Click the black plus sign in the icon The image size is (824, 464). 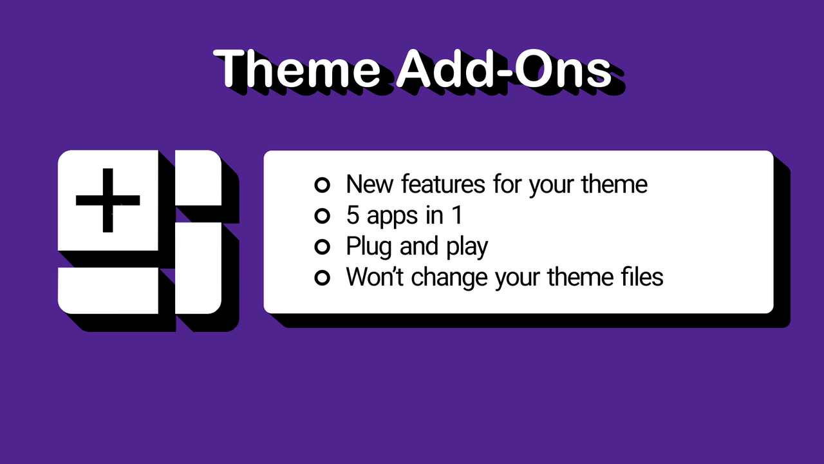tap(108, 200)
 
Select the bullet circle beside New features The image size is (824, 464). tap(322, 185)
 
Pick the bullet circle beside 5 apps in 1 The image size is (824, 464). tap(322, 216)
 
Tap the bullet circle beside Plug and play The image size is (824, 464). tap(322, 247)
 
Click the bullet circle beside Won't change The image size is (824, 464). tap(322, 278)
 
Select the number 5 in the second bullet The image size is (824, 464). tap(352, 216)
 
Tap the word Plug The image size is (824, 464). tap(369, 247)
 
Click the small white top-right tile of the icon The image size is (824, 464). tap(199, 178)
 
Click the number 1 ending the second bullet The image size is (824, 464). tap(456, 216)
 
